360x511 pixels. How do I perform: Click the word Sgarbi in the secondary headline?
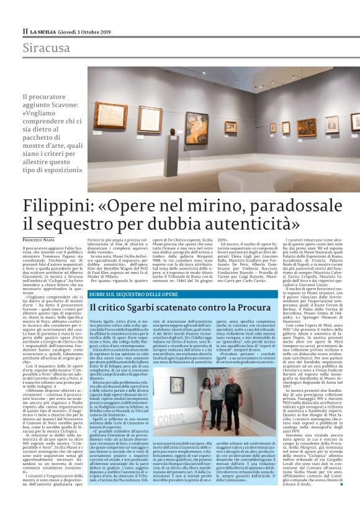click(159, 307)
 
